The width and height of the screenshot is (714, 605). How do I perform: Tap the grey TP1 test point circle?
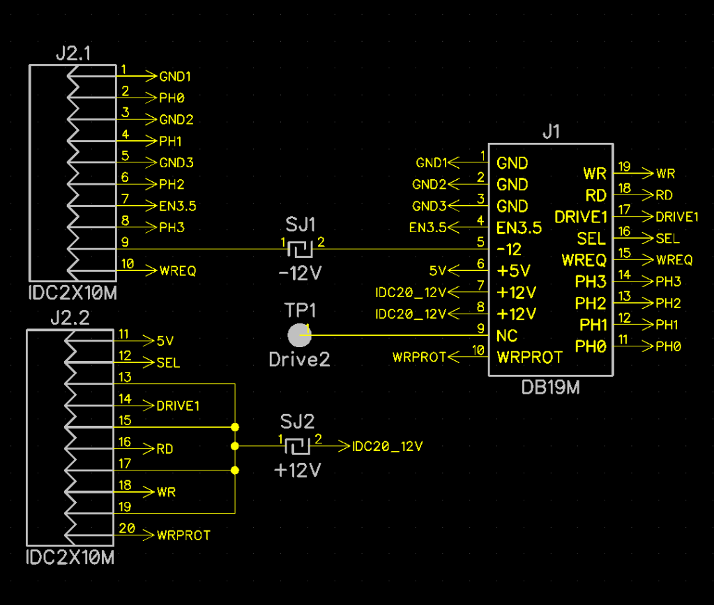300,335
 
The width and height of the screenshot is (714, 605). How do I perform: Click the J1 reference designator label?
551,132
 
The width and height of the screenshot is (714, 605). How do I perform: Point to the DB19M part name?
551,388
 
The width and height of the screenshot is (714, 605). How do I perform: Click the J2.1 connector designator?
73,54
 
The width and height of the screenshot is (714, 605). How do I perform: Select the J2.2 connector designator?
70,319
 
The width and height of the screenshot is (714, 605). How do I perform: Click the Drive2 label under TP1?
299,359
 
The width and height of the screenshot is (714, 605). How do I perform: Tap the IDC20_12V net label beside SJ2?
388,446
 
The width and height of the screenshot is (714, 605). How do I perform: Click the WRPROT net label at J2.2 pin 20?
183,535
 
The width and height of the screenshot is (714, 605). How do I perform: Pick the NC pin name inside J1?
507,335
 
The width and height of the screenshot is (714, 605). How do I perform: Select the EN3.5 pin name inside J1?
519,227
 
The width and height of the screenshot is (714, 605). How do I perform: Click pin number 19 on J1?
624,167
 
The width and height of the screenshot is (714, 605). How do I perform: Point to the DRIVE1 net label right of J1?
677,217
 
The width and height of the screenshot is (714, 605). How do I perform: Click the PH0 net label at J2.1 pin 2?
172,98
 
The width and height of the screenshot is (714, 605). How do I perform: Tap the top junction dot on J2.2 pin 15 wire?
235,427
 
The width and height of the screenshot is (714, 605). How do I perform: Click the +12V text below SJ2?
298,470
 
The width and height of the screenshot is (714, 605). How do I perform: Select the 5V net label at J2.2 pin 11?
165,341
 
